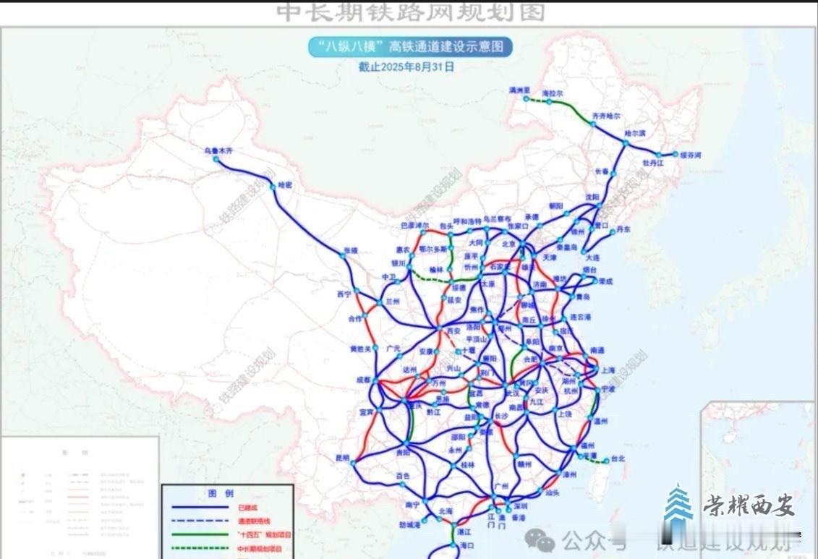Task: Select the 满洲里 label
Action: coord(519,90)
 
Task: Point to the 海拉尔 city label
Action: coord(552,95)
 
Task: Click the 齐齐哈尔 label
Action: coord(606,116)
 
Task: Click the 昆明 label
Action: coord(341,458)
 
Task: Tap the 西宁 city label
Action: coord(344,294)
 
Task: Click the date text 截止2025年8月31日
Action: coord(406,67)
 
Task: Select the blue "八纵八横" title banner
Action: coord(410,47)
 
